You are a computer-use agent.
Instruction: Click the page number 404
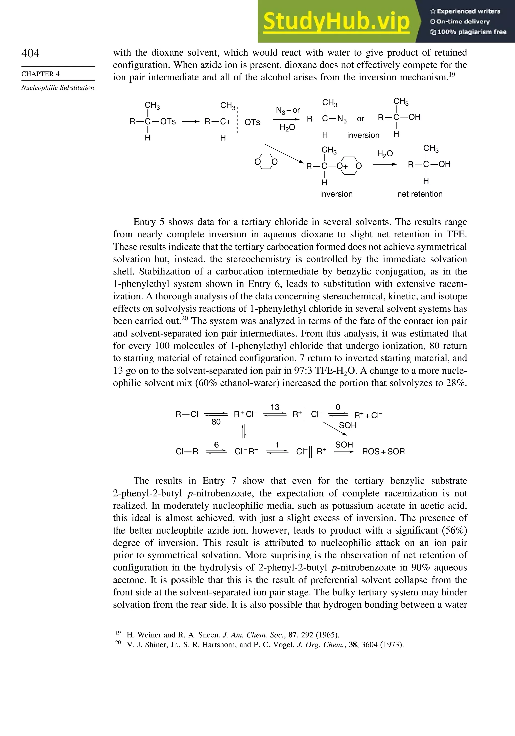[30, 53]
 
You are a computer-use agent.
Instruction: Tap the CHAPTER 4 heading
[40, 74]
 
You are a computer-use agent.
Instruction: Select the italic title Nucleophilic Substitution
[58, 88]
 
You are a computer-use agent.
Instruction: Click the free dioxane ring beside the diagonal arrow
[266, 161]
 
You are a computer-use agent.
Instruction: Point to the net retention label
[419, 194]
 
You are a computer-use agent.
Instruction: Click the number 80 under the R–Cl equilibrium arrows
[216, 422]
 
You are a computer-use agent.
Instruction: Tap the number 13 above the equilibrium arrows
[275, 407]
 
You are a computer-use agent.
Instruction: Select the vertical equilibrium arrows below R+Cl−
[244, 431]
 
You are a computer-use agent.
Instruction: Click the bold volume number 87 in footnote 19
[292, 635]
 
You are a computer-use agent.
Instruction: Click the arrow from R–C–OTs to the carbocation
[190, 122]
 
